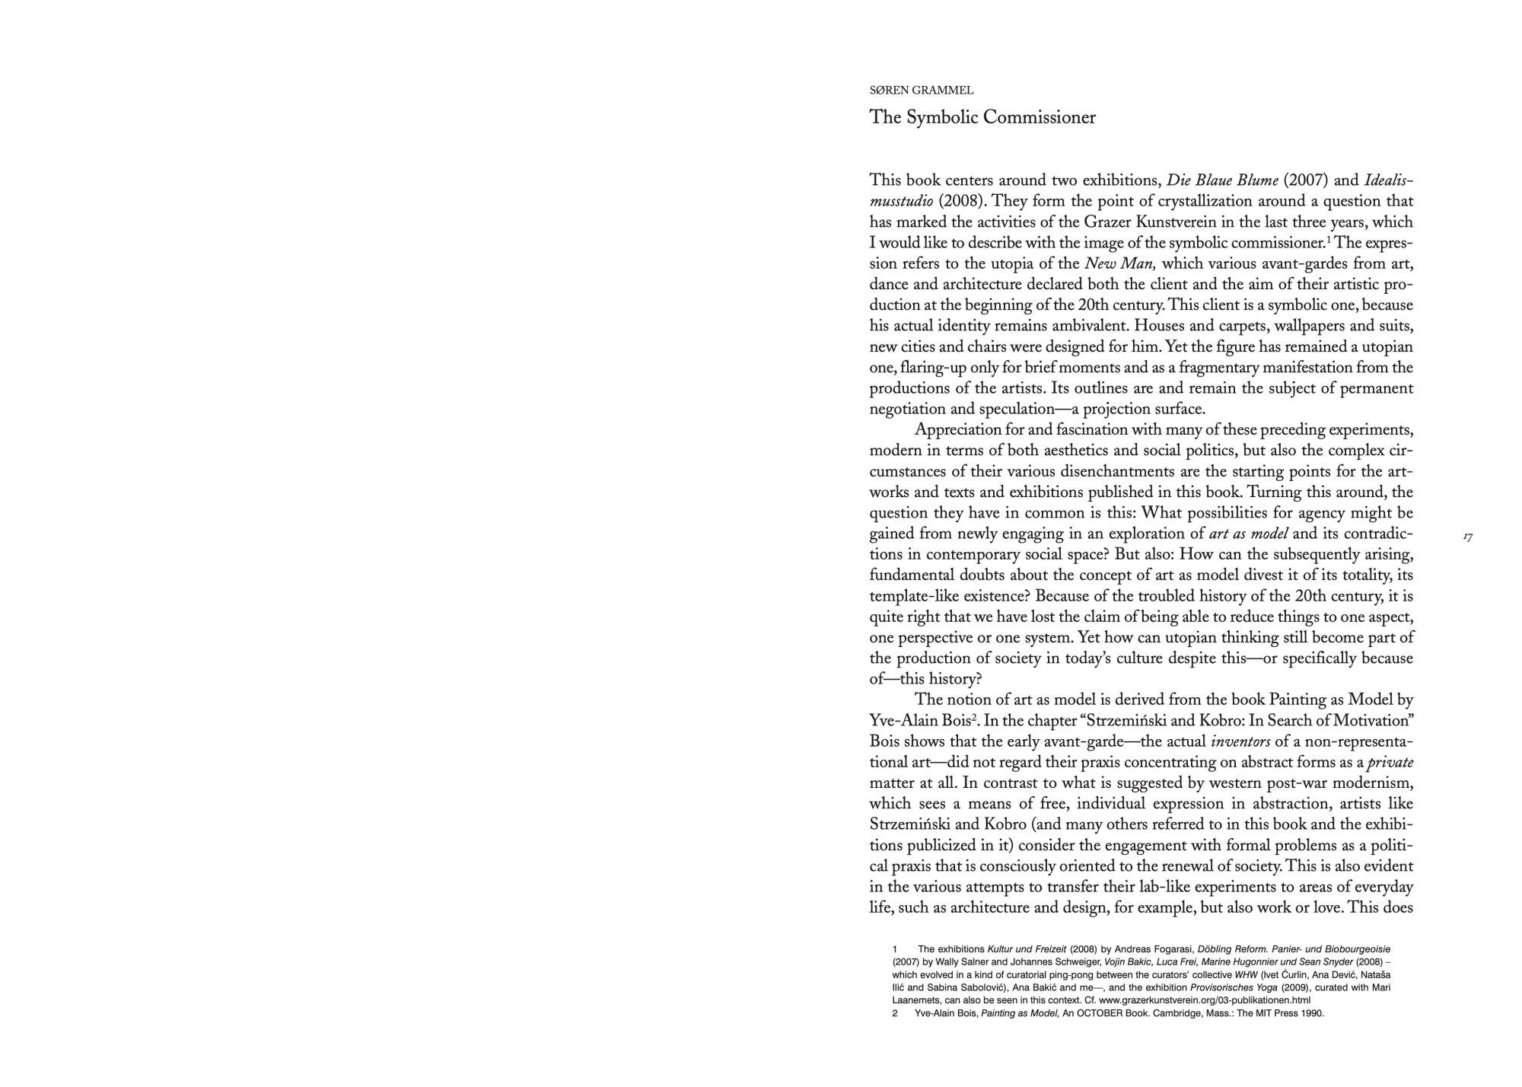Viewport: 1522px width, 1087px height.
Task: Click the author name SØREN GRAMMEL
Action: pos(921,91)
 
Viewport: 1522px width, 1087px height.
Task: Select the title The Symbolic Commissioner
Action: pos(982,117)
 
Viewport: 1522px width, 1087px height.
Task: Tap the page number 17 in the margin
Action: pos(1468,537)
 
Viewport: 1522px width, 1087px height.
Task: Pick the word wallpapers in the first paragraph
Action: pos(1337,327)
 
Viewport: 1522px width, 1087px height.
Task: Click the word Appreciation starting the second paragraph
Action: pos(957,430)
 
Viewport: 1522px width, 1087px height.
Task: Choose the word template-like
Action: pos(912,596)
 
